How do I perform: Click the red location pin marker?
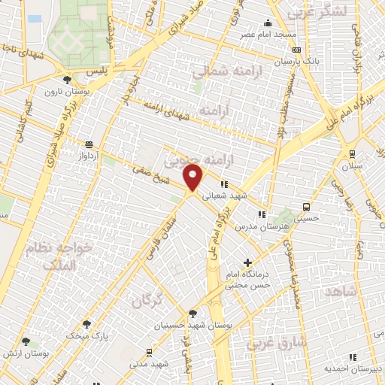tap(194, 177)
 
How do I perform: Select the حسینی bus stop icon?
tap(306, 207)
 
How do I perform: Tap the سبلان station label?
tap(353, 165)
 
